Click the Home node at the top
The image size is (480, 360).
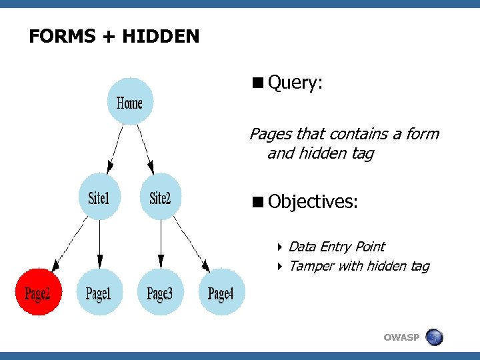coord(129,103)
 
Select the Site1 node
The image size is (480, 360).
coord(99,197)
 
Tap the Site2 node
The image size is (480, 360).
coord(160,197)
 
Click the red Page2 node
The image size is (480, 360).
coord(39,292)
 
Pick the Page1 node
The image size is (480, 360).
coord(99,292)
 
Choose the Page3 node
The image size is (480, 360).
coord(160,292)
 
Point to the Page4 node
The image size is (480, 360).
coord(221,292)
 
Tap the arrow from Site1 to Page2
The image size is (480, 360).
coord(70,243)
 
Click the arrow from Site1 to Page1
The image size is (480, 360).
coord(99,244)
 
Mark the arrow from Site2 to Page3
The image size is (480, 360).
coord(160,244)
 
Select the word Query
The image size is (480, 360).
coord(295,83)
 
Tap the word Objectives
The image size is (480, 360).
coord(313,201)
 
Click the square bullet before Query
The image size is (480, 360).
coord(257,83)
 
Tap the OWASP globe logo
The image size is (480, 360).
coord(434,337)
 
